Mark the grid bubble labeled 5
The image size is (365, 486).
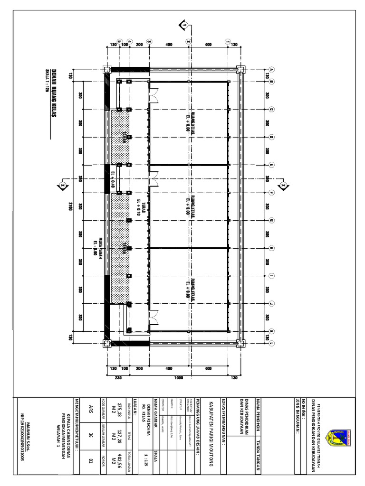[119, 41]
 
